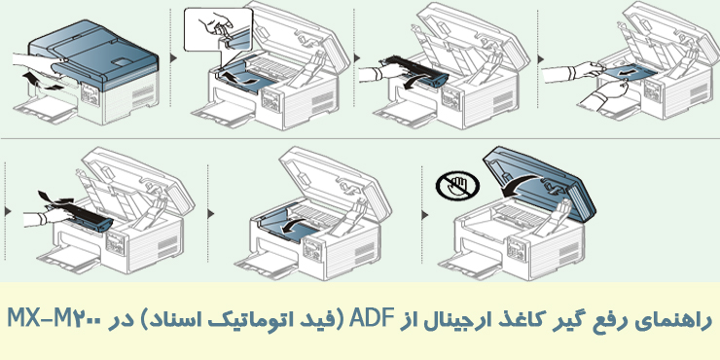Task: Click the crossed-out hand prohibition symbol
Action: click(x=457, y=186)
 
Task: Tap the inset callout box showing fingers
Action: click(x=217, y=29)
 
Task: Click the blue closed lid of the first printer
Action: click(x=94, y=53)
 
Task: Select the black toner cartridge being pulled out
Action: click(x=416, y=71)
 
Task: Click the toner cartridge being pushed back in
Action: click(x=81, y=218)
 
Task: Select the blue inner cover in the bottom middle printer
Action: click(x=287, y=223)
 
